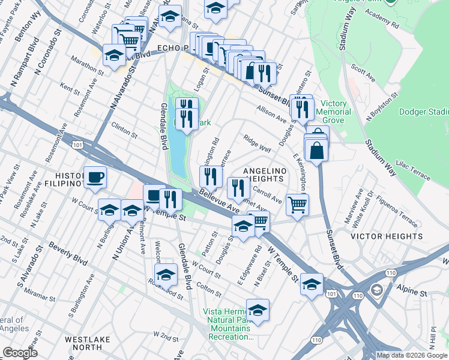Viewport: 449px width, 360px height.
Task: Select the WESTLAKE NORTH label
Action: click(x=88, y=343)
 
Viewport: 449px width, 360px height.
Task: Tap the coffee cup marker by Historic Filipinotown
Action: click(x=95, y=178)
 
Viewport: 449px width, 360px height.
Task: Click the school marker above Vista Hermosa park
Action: click(x=258, y=310)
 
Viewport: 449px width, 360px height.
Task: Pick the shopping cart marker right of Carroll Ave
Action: click(x=297, y=205)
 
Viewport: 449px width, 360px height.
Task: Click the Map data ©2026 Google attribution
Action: click(x=412, y=355)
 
